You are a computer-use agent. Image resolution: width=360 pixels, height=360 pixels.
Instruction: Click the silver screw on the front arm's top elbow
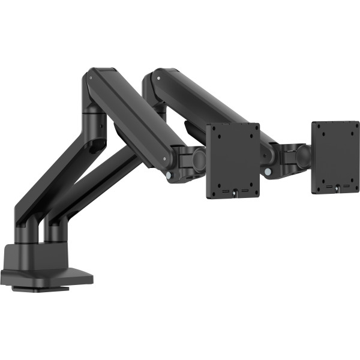pyautogui.click(x=91, y=77)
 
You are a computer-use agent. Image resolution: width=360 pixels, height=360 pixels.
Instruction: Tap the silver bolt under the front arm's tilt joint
pyautogui.click(x=170, y=175)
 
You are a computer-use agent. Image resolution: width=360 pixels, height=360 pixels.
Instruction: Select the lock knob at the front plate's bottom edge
pyautogui.click(x=236, y=193)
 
